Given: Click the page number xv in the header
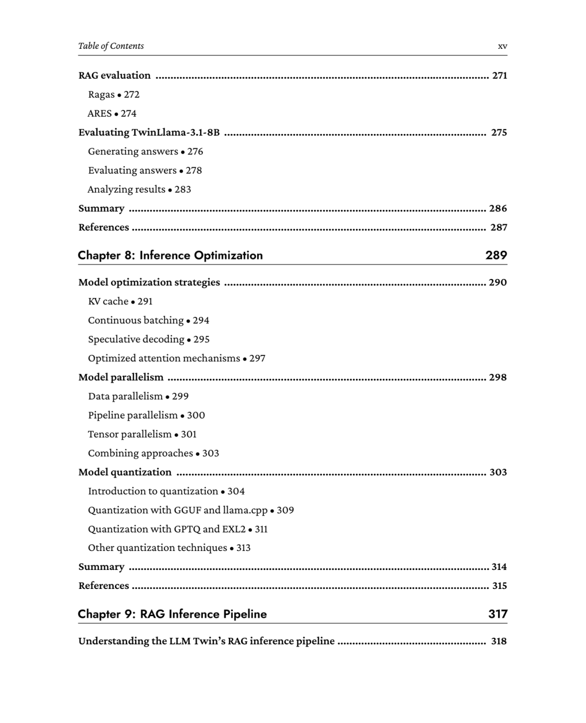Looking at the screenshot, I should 502,47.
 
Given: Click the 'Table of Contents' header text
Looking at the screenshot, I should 111,46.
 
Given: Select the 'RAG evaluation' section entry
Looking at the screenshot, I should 114,75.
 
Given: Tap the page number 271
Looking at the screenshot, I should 499,75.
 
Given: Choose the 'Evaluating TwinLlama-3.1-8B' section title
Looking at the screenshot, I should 149,132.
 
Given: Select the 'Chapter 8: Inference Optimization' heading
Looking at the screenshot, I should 170,256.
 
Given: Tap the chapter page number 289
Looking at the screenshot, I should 496,255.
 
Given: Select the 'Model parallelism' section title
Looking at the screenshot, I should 120,377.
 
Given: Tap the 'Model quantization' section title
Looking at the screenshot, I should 125,472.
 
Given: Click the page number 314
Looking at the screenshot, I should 499,567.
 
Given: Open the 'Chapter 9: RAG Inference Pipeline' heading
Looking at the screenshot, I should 173,614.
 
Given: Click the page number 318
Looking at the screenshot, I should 499,642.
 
